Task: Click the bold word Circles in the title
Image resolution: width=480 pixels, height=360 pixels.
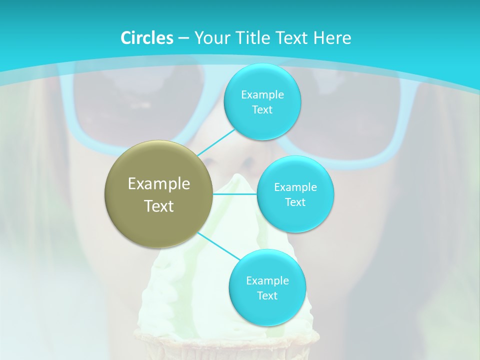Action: pyautogui.click(x=147, y=38)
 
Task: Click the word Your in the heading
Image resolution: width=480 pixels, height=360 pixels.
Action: pyautogui.click(x=211, y=38)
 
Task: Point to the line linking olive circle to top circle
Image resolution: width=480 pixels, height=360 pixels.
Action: pyautogui.click(x=216, y=143)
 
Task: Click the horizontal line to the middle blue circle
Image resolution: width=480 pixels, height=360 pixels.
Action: pyautogui.click(x=235, y=194)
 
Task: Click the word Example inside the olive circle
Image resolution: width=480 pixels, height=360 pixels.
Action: pyautogui.click(x=159, y=183)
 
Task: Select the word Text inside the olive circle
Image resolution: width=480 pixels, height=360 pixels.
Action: pyautogui.click(x=159, y=206)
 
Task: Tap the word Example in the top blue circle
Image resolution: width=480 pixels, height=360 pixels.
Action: pyautogui.click(x=262, y=94)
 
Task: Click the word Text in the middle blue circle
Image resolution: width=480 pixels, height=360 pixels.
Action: pyautogui.click(x=295, y=202)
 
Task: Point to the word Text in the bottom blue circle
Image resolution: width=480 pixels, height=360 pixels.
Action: pyautogui.click(x=267, y=295)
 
